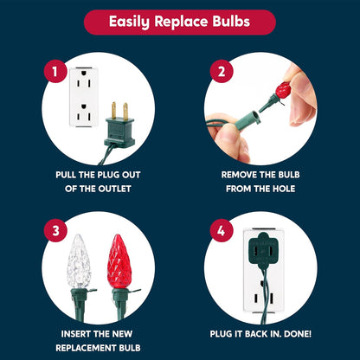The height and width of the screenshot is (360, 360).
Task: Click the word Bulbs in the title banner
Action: pyautogui.click(x=231, y=22)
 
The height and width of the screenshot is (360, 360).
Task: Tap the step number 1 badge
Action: pyautogui.click(x=55, y=72)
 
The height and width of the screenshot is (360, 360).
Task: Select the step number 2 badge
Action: pyautogui.click(x=222, y=72)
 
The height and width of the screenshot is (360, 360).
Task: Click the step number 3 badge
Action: pyautogui.click(x=55, y=231)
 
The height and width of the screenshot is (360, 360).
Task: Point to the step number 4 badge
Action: pyautogui.click(x=222, y=231)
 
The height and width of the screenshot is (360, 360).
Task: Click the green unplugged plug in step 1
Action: pyautogui.click(x=119, y=127)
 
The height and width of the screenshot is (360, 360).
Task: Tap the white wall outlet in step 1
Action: pyautogui.click(x=84, y=97)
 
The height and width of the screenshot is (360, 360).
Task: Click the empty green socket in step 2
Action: pyautogui.click(x=247, y=119)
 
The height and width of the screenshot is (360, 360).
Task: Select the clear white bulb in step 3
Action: pyautogui.click(x=79, y=261)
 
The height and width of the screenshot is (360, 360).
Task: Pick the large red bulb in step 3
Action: pyautogui.click(x=119, y=261)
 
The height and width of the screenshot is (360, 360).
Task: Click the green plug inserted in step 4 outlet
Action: pyautogui.click(x=263, y=248)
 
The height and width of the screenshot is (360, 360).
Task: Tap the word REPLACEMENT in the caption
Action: pyautogui.click(x=85, y=348)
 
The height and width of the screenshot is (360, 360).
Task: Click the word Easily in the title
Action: pyautogui.click(x=129, y=22)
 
